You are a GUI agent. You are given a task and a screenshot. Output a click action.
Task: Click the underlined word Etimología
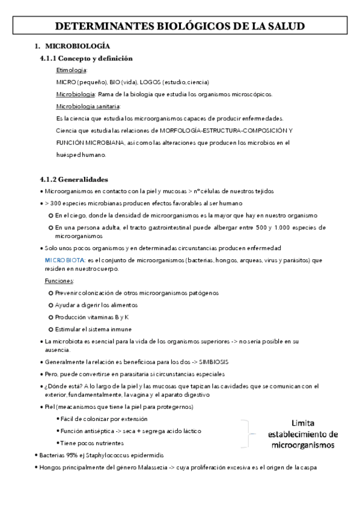pos(72,70)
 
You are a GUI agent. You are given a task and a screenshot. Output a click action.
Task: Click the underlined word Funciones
pos(59,281)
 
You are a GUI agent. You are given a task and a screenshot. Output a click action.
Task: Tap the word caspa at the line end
pos(308,467)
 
